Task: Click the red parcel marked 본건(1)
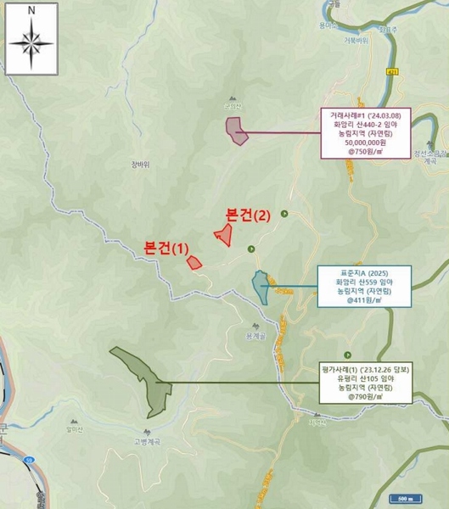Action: (194, 261)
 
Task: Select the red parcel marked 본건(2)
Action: (225, 235)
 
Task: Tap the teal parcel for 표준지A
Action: (261, 287)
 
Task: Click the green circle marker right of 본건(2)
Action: (285, 214)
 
